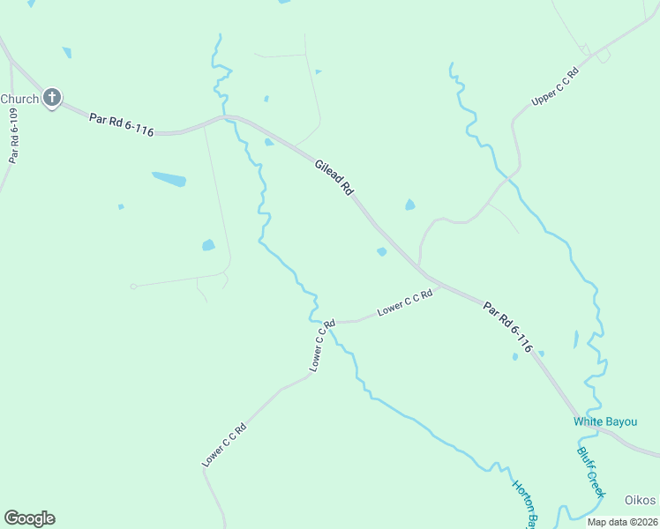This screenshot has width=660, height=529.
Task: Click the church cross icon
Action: click(52, 98)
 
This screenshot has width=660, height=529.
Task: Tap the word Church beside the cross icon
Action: click(19, 99)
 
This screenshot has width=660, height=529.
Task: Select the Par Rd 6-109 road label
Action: click(13, 136)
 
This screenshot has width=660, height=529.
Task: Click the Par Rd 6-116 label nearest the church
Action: click(122, 123)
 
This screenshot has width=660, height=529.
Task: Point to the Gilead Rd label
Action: click(335, 176)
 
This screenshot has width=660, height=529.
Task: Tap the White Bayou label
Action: click(605, 421)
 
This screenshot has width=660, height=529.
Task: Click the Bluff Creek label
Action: click(590, 472)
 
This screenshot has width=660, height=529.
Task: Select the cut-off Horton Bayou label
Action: click(524, 503)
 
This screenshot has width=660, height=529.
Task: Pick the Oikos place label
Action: click(641, 501)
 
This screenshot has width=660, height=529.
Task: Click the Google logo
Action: click(29, 518)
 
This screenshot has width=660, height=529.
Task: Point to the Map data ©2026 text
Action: click(621, 522)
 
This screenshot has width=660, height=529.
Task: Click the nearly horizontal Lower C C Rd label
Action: click(405, 302)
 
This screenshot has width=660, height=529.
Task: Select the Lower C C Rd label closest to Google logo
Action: click(223, 445)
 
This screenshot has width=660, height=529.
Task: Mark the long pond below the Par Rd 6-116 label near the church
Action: click(169, 179)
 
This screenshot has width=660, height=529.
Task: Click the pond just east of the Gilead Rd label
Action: click(409, 205)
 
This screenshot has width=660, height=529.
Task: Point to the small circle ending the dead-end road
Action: click(133, 286)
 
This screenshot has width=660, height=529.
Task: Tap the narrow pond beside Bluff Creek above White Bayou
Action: click(576, 339)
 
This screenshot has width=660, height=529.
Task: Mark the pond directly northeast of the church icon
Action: click(67, 53)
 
